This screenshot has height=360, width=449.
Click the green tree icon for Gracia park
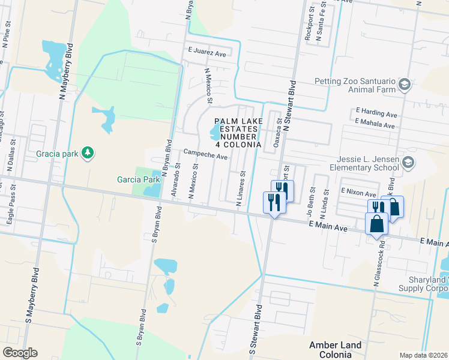pos(88,154)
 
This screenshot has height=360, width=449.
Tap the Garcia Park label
pos(139,179)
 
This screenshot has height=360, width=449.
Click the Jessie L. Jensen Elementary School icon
pos(408,162)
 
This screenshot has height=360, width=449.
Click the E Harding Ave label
pos(376,112)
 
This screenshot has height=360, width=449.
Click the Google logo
pos(20,353)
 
